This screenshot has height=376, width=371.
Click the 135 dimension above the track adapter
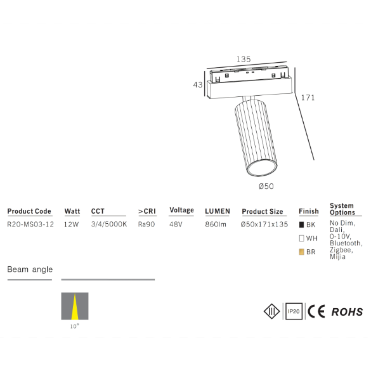point(244,59)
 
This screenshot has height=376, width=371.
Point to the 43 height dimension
point(198,85)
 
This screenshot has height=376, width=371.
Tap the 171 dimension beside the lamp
point(308,98)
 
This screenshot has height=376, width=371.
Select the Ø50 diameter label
point(266,186)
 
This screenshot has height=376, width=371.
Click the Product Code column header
point(29,211)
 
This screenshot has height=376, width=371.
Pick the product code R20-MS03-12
point(30,224)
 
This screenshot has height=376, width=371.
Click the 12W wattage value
point(71,224)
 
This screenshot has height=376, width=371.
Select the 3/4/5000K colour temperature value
point(109,224)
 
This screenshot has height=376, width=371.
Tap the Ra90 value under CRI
point(146,224)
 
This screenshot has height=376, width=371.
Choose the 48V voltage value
point(176,224)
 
